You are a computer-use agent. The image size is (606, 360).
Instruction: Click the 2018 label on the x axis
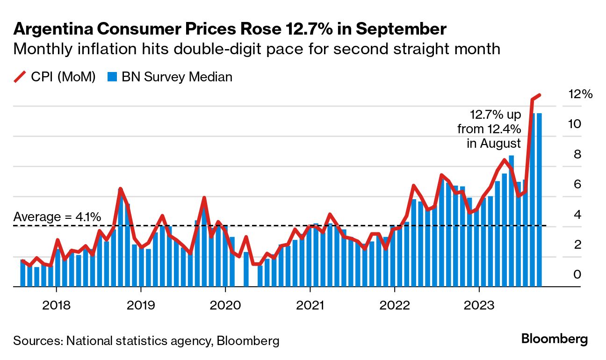coord(56,306)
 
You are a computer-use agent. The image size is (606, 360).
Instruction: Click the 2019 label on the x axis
coord(141,306)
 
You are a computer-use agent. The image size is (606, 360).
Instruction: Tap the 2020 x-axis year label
coord(225,306)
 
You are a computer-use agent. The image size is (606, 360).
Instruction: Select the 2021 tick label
coord(310,306)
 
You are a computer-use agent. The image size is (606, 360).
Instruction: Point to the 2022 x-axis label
coord(395,306)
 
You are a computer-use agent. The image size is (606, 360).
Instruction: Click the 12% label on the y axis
coord(580,94)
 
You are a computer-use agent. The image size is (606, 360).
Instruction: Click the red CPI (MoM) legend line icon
coord(20,77)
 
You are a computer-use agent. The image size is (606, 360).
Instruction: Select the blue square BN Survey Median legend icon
coord(111,77)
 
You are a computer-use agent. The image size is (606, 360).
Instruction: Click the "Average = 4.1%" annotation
coord(57,217)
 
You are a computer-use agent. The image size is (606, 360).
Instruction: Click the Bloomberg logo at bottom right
coord(554,339)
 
